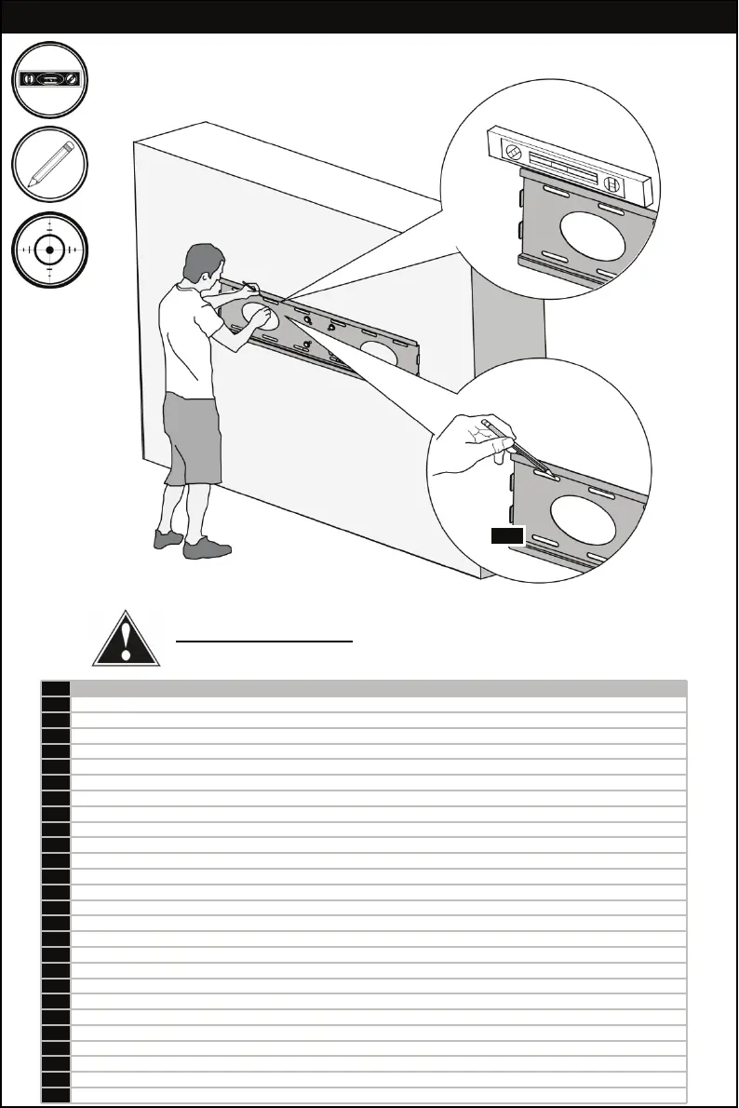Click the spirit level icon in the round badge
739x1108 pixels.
(50, 81)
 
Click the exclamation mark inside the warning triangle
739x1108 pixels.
(127, 642)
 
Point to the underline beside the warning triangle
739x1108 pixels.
(265, 642)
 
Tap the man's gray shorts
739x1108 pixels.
(192, 438)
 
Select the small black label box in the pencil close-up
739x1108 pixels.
(508, 534)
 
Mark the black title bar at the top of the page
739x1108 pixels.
(369, 17)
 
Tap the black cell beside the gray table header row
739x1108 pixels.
(56, 689)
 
